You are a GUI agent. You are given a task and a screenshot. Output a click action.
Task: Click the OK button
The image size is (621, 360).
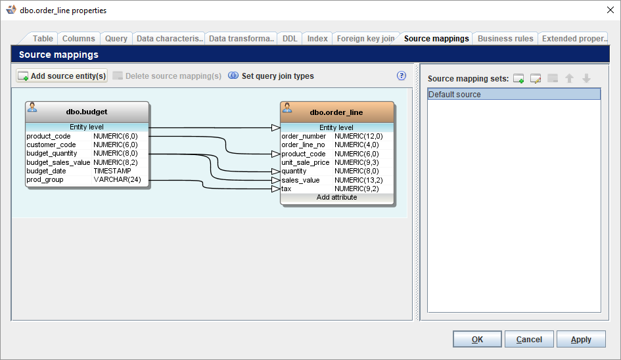pyautogui.click(x=477, y=339)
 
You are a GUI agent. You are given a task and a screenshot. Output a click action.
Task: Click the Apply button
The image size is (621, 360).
pyautogui.click(x=581, y=339)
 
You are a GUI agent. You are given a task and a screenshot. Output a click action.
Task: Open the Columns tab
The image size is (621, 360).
pyautogui.click(x=79, y=39)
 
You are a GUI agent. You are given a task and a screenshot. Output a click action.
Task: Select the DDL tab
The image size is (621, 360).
pyautogui.click(x=290, y=39)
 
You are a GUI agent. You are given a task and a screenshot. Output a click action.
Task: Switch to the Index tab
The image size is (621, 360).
pyautogui.click(x=317, y=39)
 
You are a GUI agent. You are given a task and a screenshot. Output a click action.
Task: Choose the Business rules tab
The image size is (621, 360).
pyautogui.click(x=505, y=39)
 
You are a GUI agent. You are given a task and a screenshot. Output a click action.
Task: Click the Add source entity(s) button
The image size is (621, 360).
pyautogui.click(x=62, y=76)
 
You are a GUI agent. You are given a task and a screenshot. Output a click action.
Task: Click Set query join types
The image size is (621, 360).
pyautogui.click(x=271, y=76)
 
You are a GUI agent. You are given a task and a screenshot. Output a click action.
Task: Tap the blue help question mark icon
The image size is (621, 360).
pyautogui.click(x=402, y=76)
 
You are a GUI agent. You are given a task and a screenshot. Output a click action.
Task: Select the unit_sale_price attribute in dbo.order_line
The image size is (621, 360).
pyautogui.click(x=305, y=162)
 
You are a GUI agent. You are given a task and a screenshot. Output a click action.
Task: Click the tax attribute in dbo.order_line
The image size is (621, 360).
pyautogui.click(x=287, y=189)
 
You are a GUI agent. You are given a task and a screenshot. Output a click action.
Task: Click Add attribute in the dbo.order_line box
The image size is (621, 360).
pyautogui.click(x=336, y=197)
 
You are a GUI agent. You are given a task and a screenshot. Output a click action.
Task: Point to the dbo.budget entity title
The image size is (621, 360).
pyautogui.click(x=87, y=112)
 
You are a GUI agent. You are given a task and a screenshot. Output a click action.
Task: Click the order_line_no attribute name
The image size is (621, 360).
pyautogui.click(x=303, y=145)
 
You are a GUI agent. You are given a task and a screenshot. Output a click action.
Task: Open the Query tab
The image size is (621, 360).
pyautogui.click(x=116, y=39)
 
